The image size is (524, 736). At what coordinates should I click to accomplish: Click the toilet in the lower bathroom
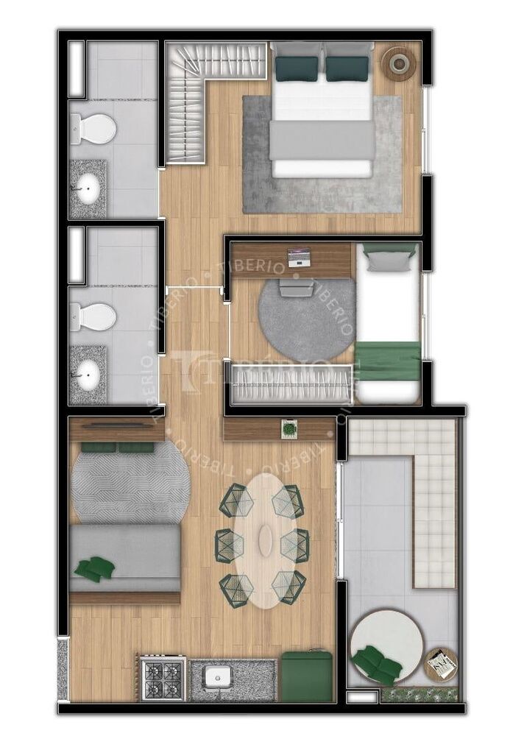click(x=93, y=316)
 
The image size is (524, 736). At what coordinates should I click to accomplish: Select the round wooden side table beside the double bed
click(x=398, y=63)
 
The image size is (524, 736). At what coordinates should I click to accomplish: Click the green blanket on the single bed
click(x=387, y=361)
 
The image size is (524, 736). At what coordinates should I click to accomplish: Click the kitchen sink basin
click(x=218, y=677)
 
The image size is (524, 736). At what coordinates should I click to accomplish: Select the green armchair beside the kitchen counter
click(x=307, y=675)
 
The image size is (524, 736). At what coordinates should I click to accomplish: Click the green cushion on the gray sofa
click(x=95, y=568)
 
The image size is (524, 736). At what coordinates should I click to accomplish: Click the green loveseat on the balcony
click(x=377, y=664)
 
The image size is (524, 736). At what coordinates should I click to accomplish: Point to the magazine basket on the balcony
click(x=442, y=663)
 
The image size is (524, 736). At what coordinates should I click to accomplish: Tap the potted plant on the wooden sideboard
click(x=289, y=427)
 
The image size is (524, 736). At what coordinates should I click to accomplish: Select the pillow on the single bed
click(x=390, y=258)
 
